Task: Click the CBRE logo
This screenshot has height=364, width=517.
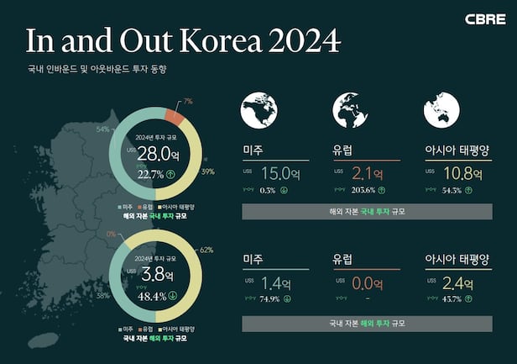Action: tap(485, 18)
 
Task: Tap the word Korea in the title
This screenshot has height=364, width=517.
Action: tap(216, 40)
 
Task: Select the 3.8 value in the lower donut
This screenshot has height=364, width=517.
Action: tap(154, 275)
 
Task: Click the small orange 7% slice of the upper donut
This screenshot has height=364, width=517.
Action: tap(174, 115)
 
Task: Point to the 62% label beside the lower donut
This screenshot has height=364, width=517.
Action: tap(206, 250)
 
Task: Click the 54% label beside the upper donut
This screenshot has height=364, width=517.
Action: tap(103, 129)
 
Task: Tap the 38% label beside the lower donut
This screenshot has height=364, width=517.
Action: tap(103, 296)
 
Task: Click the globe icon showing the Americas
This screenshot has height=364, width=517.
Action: tap(258, 110)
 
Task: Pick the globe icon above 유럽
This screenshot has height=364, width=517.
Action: tap(350, 110)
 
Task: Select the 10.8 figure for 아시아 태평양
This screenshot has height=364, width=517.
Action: tap(456, 174)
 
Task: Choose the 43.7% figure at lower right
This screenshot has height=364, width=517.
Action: tap(452, 298)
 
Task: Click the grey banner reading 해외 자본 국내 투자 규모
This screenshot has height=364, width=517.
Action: tap(367, 211)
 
